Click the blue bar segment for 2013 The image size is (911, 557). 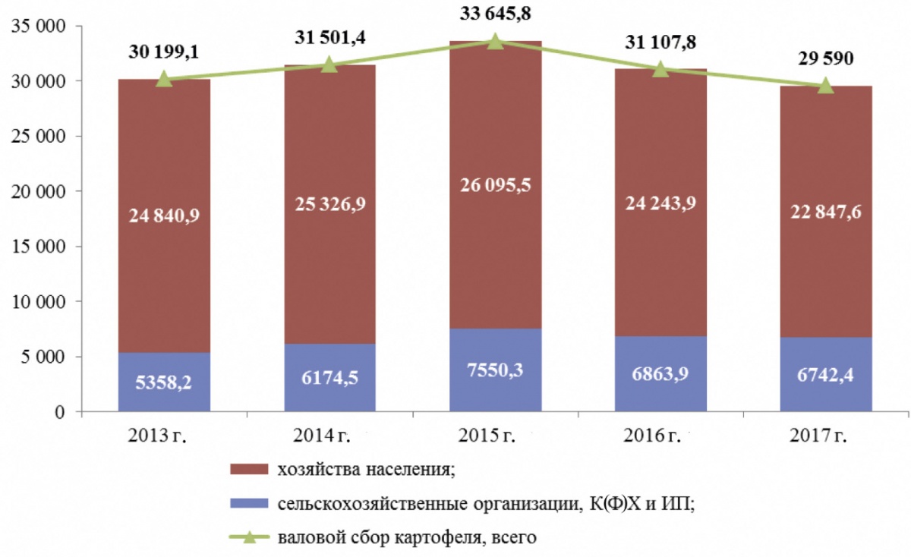click(x=164, y=382)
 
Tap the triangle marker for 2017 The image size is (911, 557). click(x=826, y=86)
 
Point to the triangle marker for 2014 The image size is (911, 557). click(x=329, y=65)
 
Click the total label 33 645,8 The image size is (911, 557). click(x=494, y=14)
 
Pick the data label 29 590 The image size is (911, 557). click(x=825, y=58)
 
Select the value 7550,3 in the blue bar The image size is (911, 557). click(x=495, y=370)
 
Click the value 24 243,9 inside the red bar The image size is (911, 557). click(x=660, y=203)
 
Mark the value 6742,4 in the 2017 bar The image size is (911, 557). click(x=826, y=374)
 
